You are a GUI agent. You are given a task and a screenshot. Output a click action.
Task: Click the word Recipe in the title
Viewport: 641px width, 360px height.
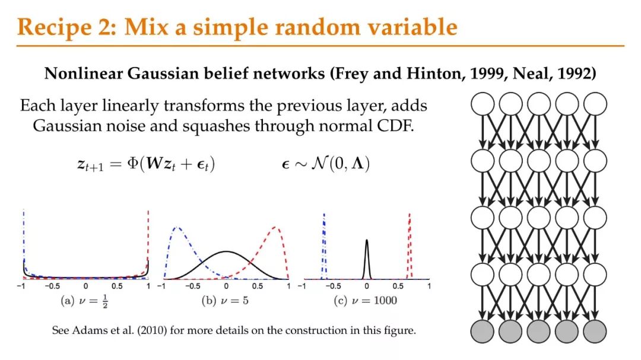[x=55, y=27]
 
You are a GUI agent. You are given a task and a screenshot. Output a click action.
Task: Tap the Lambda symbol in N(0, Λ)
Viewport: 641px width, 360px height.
[x=358, y=164]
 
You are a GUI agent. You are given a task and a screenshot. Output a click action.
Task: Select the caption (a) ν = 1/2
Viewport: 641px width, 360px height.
[x=84, y=301]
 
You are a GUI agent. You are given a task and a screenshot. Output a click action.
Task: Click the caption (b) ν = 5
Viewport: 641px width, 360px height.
[x=225, y=301]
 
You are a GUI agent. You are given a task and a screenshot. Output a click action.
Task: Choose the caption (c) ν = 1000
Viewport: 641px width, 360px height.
[x=365, y=301]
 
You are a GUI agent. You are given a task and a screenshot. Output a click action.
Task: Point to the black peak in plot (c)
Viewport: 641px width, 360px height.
[x=367, y=240]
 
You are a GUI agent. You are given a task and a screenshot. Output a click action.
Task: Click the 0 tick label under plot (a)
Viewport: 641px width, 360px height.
[x=85, y=286]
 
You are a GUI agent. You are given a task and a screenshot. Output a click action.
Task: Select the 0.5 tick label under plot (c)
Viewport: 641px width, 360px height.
[x=398, y=286]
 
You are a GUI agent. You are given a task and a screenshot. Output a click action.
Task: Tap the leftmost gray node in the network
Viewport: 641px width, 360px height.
[x=483, y=332]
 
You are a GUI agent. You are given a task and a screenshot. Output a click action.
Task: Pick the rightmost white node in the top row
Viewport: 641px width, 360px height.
[x=595, y=104]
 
